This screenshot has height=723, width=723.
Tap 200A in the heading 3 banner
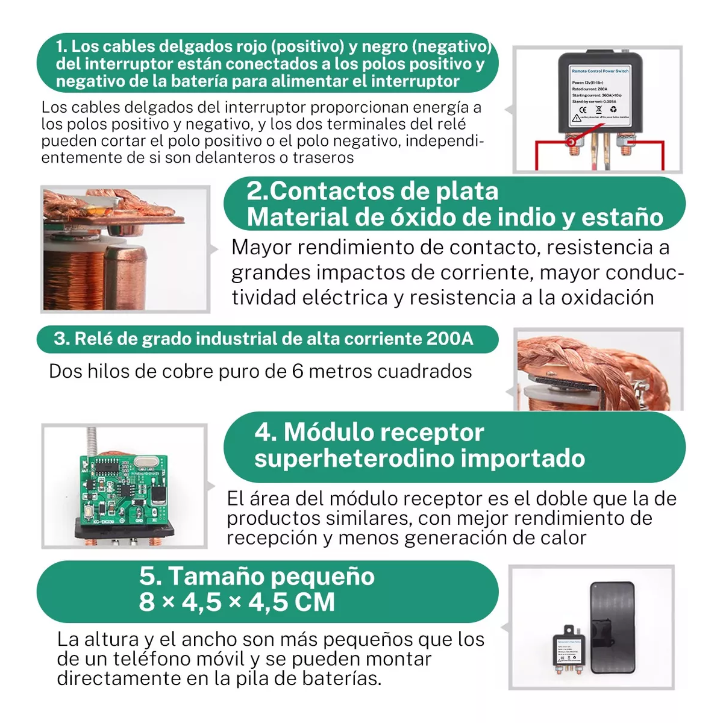[x=449, y=339]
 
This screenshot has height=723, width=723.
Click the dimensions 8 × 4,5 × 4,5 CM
[x=237, y=602]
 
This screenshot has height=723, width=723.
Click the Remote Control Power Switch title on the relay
[x=599, y=71]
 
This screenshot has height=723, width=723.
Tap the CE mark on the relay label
[x=583, y=110]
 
